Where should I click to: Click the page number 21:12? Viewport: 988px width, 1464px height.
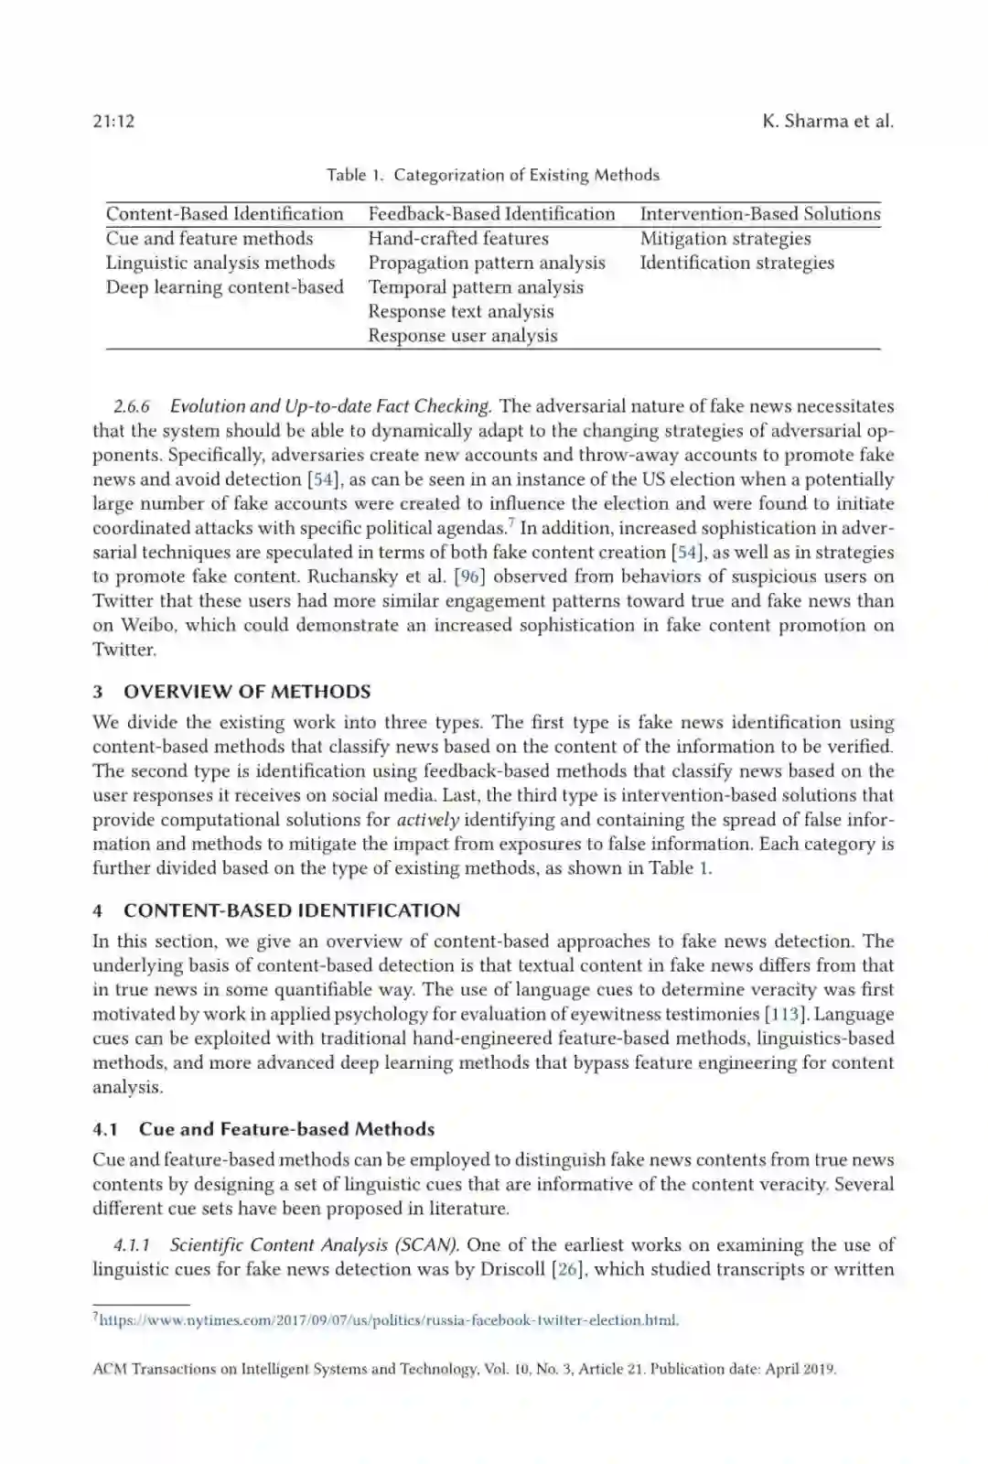pyautogui.click(x=113, y=122)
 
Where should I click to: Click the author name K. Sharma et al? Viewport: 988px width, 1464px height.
pyautogui.click(x=827, y=122)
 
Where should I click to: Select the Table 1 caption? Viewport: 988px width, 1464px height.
pyautogui.click(x=493, y=175)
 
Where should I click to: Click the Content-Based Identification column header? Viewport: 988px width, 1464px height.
pyautogui.click(x=224, y=214)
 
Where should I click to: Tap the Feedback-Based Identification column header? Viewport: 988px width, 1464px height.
pyautogui.click(x=491, y=214)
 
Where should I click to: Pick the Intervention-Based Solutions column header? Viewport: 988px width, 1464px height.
pyautogui.click(x=759, y=214)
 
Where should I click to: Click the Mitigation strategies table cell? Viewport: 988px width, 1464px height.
pyautogui.click(x=725, y=239)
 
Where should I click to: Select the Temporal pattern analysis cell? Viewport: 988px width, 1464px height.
pyautogui.click(x=475, y=287)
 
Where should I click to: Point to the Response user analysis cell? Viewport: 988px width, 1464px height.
pyautogui.click(x=462, y=336)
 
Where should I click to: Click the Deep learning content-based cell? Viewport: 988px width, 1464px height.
pyautogui.click(x=224, y=287)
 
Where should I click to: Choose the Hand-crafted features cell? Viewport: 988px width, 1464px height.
pyautogui.click(x=458, y=239)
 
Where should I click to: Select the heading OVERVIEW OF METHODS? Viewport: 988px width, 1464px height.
pyautogui.click(x=247, y=692)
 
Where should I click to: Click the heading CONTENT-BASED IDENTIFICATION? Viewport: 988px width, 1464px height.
pyautogui.click(x=292, y=910)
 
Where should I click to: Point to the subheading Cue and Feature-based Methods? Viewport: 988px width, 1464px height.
pyautogui.click(x=286, y=1129)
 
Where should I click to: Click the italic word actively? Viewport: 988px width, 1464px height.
pyautogui.click(x=427, y=820)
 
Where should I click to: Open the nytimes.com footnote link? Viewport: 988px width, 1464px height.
pyautogui.click(x=388, y=1320)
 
